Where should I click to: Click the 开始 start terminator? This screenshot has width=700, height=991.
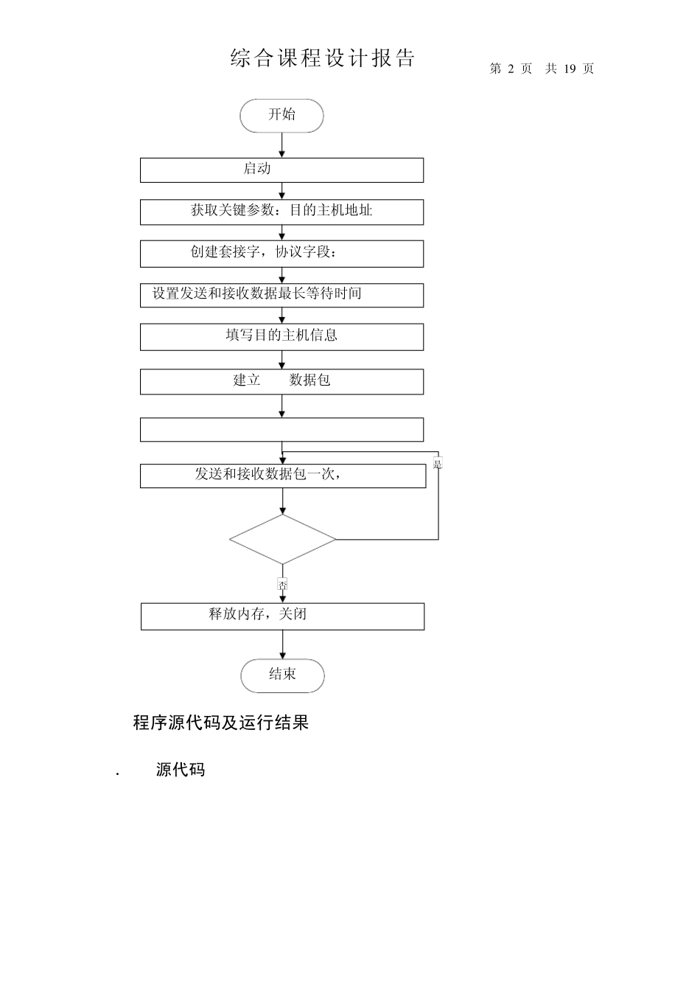pos(281,116)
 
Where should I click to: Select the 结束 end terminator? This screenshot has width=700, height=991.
pos(282,675)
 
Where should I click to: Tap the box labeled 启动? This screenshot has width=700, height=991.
pos(281,170)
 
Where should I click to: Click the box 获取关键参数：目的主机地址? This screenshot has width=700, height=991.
pos(281,212)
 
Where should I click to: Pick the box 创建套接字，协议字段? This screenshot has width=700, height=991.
pos(281,253)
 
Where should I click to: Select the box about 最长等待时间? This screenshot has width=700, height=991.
pos(281,295)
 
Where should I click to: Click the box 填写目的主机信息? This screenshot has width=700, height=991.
pos(281,337)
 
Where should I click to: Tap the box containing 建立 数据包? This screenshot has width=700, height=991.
pos(281,381)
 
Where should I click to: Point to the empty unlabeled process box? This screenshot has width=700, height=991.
pos(281,430)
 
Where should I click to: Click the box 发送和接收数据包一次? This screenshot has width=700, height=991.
pos(282,476)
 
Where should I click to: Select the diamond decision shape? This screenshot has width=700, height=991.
pos(282,539)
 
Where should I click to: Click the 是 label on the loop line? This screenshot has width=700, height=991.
pos(438,464)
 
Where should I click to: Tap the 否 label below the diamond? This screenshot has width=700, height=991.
pos(282,584)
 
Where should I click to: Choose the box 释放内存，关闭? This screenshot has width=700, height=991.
pos(282,616)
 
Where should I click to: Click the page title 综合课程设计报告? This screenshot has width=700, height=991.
pos(323,59)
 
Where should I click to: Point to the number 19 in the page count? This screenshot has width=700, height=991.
pos(569,69)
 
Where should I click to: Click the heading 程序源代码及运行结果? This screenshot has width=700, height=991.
pos(220,723)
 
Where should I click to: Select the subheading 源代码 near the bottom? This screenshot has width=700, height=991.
pos(181,770)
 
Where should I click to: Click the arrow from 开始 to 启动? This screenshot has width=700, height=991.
pos(281,145)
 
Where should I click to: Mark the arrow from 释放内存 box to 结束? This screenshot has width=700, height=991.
pos(282,644)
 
